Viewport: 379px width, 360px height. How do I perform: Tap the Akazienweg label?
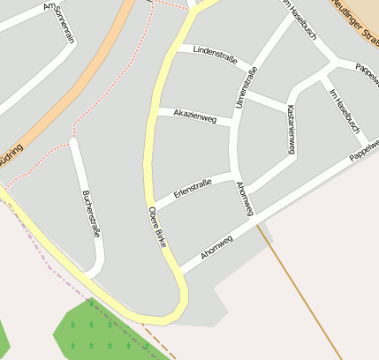[x=194, y=115]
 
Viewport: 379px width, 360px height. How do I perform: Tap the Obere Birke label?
[x=157, y=227]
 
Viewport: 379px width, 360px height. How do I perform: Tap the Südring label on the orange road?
[x=9, y=157]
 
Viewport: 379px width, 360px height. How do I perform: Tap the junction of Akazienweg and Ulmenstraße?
[x=235, y=124]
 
